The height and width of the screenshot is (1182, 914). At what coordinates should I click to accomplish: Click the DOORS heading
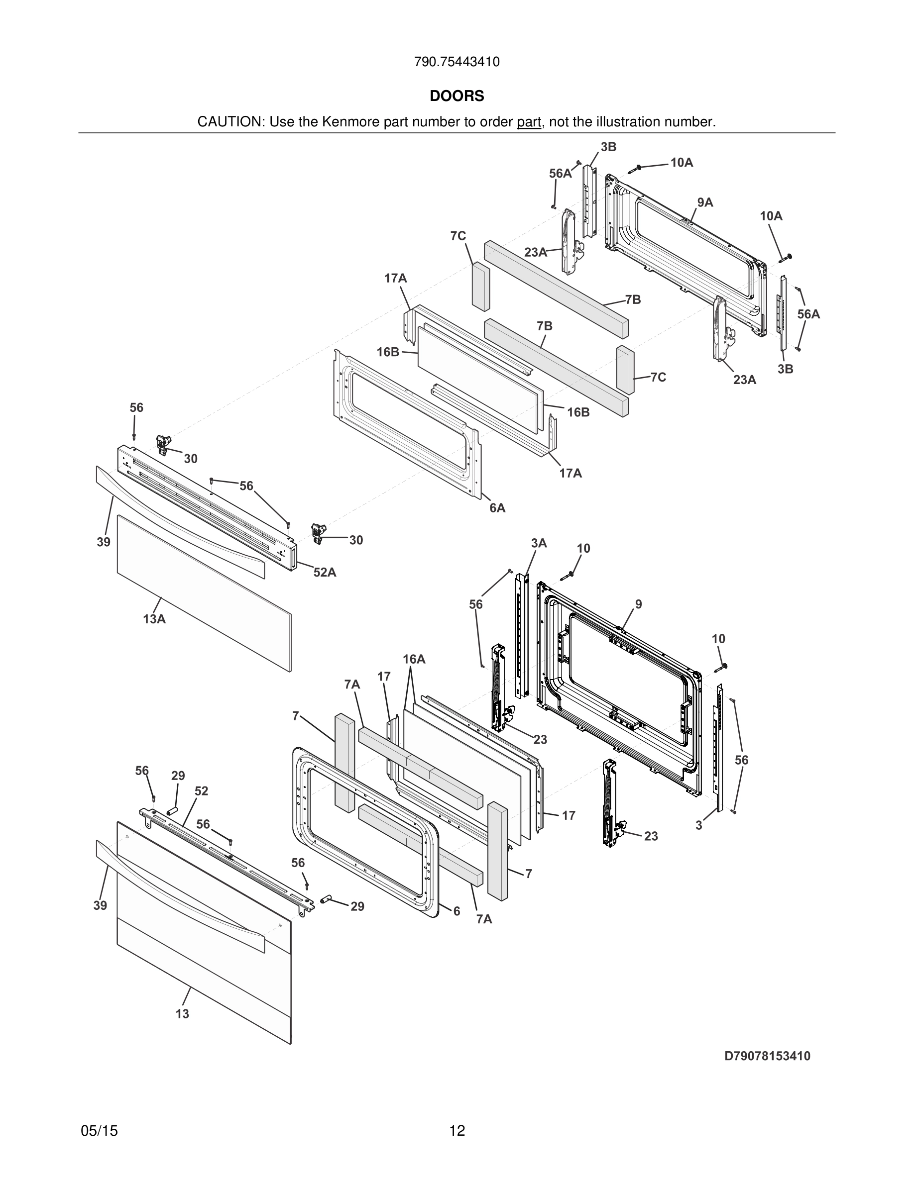[x=457, y=97]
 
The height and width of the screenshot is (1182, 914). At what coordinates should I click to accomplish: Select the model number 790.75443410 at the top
[x=457, y=62]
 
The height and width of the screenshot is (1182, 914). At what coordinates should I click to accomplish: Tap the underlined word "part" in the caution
[x=529, y=122]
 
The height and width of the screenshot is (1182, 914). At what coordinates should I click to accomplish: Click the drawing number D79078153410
[x=767, y=1056]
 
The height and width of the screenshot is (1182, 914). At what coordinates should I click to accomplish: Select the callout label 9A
[x=704, y=202]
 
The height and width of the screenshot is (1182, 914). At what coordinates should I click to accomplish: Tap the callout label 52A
[x=325, y=572]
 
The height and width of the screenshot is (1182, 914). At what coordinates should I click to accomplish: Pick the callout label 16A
[x=414, y=659]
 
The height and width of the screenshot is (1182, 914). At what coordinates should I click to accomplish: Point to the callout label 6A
[x=497, y=507]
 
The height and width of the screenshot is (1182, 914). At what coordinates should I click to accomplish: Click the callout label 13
[x=183, y=1014]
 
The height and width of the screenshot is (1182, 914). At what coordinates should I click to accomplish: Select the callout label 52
[x=201, y=791]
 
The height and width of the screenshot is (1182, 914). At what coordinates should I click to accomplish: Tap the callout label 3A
[x=538, y=543]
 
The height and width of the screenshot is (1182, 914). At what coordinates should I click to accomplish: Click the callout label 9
[x=638, y=604]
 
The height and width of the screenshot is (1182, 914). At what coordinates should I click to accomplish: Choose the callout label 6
[x=457, y=911]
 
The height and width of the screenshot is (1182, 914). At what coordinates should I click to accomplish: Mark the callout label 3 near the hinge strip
[x=698, y=826]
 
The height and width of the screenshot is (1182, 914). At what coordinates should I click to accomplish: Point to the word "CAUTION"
[x=229, y=122]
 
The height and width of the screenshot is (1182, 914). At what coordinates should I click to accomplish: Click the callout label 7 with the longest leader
[x=296, y=715]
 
